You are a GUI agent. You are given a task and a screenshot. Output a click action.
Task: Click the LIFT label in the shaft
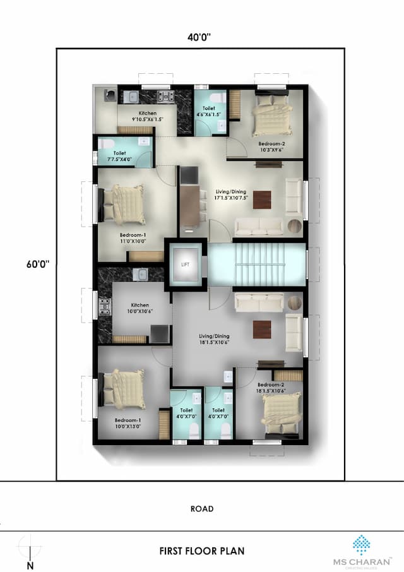(185, 265)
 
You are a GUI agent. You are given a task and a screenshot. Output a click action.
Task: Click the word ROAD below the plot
(201, 508)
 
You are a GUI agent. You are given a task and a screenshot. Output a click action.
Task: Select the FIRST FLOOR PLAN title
(201, 551)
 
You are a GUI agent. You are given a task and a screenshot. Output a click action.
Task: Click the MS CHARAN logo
(362, 550)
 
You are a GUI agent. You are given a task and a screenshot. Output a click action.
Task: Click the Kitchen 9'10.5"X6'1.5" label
(148, 116)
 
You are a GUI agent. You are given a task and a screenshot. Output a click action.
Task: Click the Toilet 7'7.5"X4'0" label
(120, 156)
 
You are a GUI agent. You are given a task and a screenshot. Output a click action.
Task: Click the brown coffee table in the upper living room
(263, 197)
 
